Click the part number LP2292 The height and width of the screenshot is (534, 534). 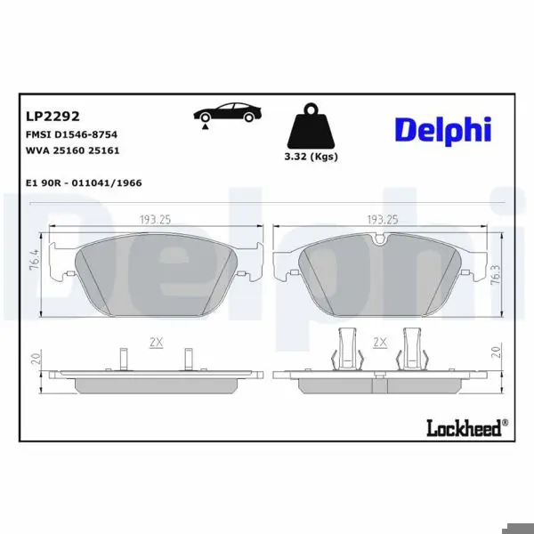pyautogui.click(x=53, y=117)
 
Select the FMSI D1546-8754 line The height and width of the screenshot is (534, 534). pyautogui.click(x=71, y=134)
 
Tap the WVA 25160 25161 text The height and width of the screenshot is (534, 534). pyautogui.click(x=73, y=150)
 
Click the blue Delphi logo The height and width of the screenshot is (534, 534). pyautogui.click(x=443, y=131)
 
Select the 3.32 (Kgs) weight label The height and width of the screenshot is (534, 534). pyautogui.click(x=311, y=157)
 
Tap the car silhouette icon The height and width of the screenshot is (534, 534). pyautogui.click(x=228, y=112)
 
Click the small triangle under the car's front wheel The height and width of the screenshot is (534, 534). pyautogui.click(x=205, y=126)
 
